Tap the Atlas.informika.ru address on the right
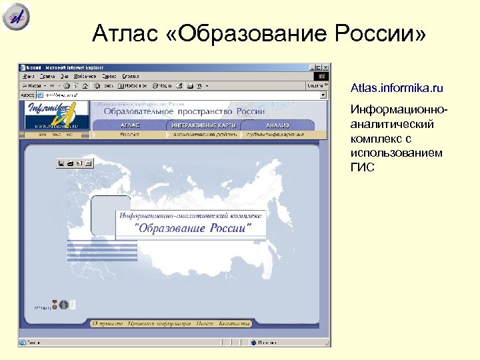(397, 88)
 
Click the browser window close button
(327, 67)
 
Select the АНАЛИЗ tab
(277, 125)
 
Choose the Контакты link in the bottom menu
(235, 323)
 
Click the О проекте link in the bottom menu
(108, 323)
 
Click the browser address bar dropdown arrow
(323, 95)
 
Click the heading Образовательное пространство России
(183, 111)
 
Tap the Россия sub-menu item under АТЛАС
(130, 134)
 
